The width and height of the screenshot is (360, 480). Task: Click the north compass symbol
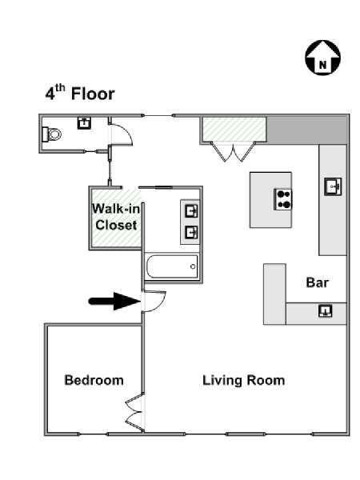(322, 58)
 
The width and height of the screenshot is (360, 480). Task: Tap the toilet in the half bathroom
(52, 134)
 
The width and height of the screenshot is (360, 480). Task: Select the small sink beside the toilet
(84, 122)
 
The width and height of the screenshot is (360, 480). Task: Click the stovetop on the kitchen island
(283, 199)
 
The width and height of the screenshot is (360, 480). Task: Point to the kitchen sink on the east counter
(333, 186)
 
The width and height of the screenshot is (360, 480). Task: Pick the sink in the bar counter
(325, 311)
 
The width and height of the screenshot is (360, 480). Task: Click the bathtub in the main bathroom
(172, 266)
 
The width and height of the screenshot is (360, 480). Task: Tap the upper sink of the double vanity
(191, 211)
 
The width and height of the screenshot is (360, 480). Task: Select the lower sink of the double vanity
(191, 233)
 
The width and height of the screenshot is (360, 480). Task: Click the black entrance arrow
(114, 302)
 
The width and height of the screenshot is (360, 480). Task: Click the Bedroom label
(94, 380)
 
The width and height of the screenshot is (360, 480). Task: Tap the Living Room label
(244, 380)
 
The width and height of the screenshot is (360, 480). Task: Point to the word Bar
(317, 282)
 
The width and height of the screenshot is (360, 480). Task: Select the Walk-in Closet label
(116, 217)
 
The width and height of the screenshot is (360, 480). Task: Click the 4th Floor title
(80, 93)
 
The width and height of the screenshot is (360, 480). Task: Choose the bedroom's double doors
(135, 413)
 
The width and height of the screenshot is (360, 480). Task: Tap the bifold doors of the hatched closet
(234, 151)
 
